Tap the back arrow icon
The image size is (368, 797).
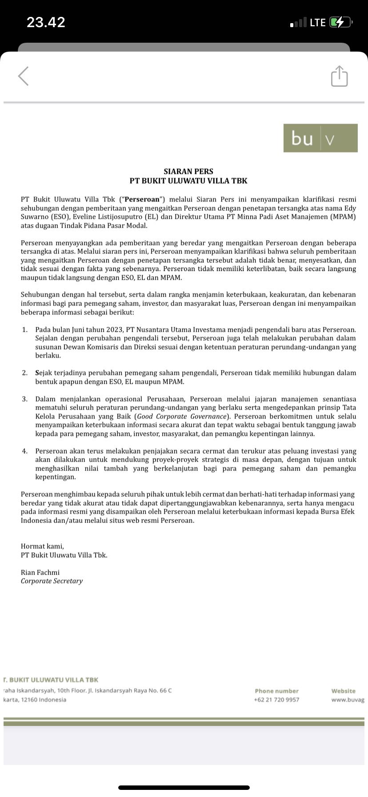pyautogui.click(x=24, y=76)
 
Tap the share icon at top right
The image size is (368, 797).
pyautogui.click(x=339, y=76)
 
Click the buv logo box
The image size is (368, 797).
pyautogui.click(x=320, y=138)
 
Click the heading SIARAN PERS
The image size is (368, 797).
pyautogui.click(x=188, y=171)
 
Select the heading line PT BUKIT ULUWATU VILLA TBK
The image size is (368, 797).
pyautogui.click(x=188, y=181)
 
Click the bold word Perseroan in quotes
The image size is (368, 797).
pyautogui.click(x=142, y=200)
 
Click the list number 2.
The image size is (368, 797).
pyautogui.click(x=25, y=373)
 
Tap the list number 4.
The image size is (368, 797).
pyautogui.click(x=25, y=451)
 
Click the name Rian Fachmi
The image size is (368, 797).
pyautogui.click(x=40, y=573)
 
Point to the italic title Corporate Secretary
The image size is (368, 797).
pyautogui.click(x=52, y=581)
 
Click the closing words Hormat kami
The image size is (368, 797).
pyautogui.click(x=42, y=547)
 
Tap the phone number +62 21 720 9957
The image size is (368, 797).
pyautogui.click(x=276, y=700)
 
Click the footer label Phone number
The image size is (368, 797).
pyautogui.click(x=276, y=691)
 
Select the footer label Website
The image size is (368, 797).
pyautogui.click(x=343, y=691)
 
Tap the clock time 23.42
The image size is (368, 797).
pyautogui.click(x=46, y=22)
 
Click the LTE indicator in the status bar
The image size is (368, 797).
pyautogui.click(x=318, y=22)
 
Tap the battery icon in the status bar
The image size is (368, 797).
pyautogui.click(x=340, y=22)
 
